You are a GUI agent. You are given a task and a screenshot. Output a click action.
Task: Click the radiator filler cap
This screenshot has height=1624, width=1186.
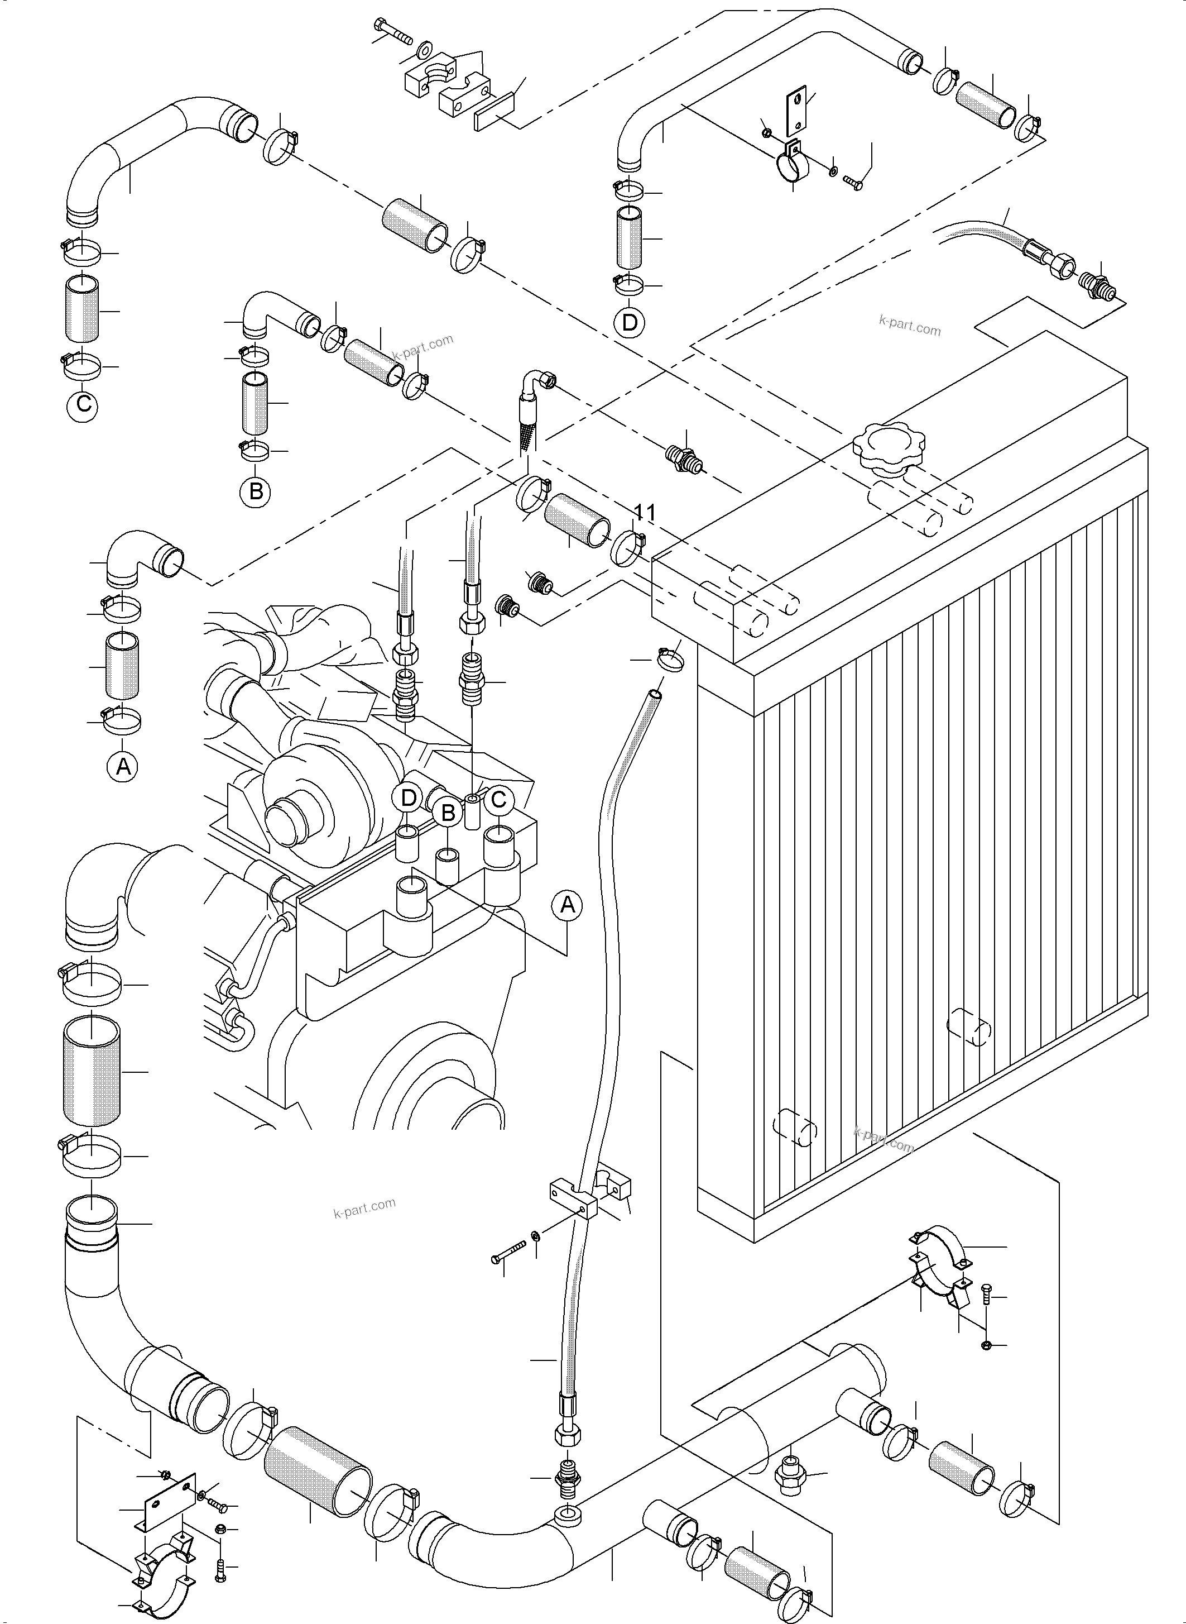[x=880, y=447]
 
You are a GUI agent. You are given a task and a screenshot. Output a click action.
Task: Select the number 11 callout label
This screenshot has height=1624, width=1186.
[x=645, y=512]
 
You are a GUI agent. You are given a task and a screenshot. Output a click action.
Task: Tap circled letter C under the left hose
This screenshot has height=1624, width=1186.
[x=83, y=404]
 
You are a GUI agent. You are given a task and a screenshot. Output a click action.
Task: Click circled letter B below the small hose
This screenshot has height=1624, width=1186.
[x=256, y=492]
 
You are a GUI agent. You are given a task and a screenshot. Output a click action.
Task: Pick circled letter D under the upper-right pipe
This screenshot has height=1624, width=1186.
[x=629, y=322]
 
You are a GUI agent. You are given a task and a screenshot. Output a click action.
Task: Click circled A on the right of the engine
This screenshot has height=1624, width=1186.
[x=567, y=905]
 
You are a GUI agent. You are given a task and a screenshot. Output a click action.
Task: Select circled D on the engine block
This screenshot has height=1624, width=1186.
[x=408, y=797]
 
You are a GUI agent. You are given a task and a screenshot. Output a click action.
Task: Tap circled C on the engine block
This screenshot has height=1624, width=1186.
[x=499, y=799]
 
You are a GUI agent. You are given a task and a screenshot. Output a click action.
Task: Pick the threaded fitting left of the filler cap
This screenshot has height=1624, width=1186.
[x=680, y=457]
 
